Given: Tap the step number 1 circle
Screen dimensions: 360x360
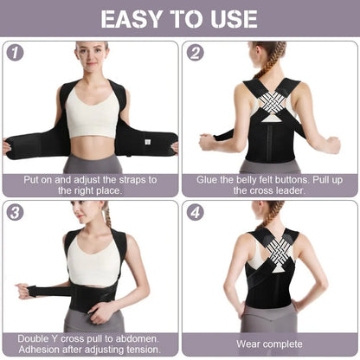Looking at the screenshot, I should pos(16,52).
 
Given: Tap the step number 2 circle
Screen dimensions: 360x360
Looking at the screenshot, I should pos(196,52).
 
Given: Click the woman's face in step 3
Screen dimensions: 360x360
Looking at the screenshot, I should pos(86,212).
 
